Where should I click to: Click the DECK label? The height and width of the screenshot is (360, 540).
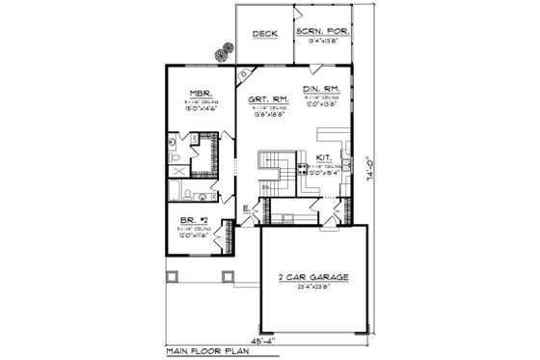(x=265, y=35)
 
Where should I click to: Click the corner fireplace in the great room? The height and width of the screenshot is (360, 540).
(x=245, y=75)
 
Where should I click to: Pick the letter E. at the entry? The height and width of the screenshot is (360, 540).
(x=247, y=208)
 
